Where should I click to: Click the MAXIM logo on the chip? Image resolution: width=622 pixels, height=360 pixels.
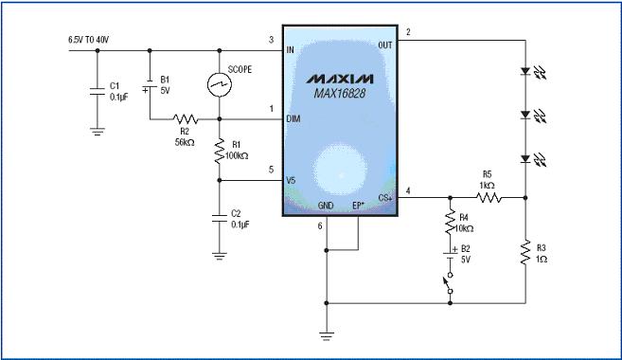340,79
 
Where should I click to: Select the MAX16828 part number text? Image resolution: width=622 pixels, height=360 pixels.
340,94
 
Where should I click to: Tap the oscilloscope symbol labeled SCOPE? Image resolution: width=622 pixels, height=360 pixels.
220,84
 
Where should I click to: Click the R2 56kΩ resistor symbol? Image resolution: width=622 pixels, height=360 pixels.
186,118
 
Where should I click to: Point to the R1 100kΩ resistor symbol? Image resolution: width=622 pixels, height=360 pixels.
220,152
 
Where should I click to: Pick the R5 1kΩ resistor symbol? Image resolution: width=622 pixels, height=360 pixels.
489,197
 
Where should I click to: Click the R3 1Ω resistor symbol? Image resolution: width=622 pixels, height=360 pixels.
525,252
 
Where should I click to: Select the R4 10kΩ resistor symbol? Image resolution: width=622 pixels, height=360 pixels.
450,223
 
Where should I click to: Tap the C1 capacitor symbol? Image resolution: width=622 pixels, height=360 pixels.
98,91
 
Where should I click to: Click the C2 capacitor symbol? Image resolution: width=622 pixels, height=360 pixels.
220,219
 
